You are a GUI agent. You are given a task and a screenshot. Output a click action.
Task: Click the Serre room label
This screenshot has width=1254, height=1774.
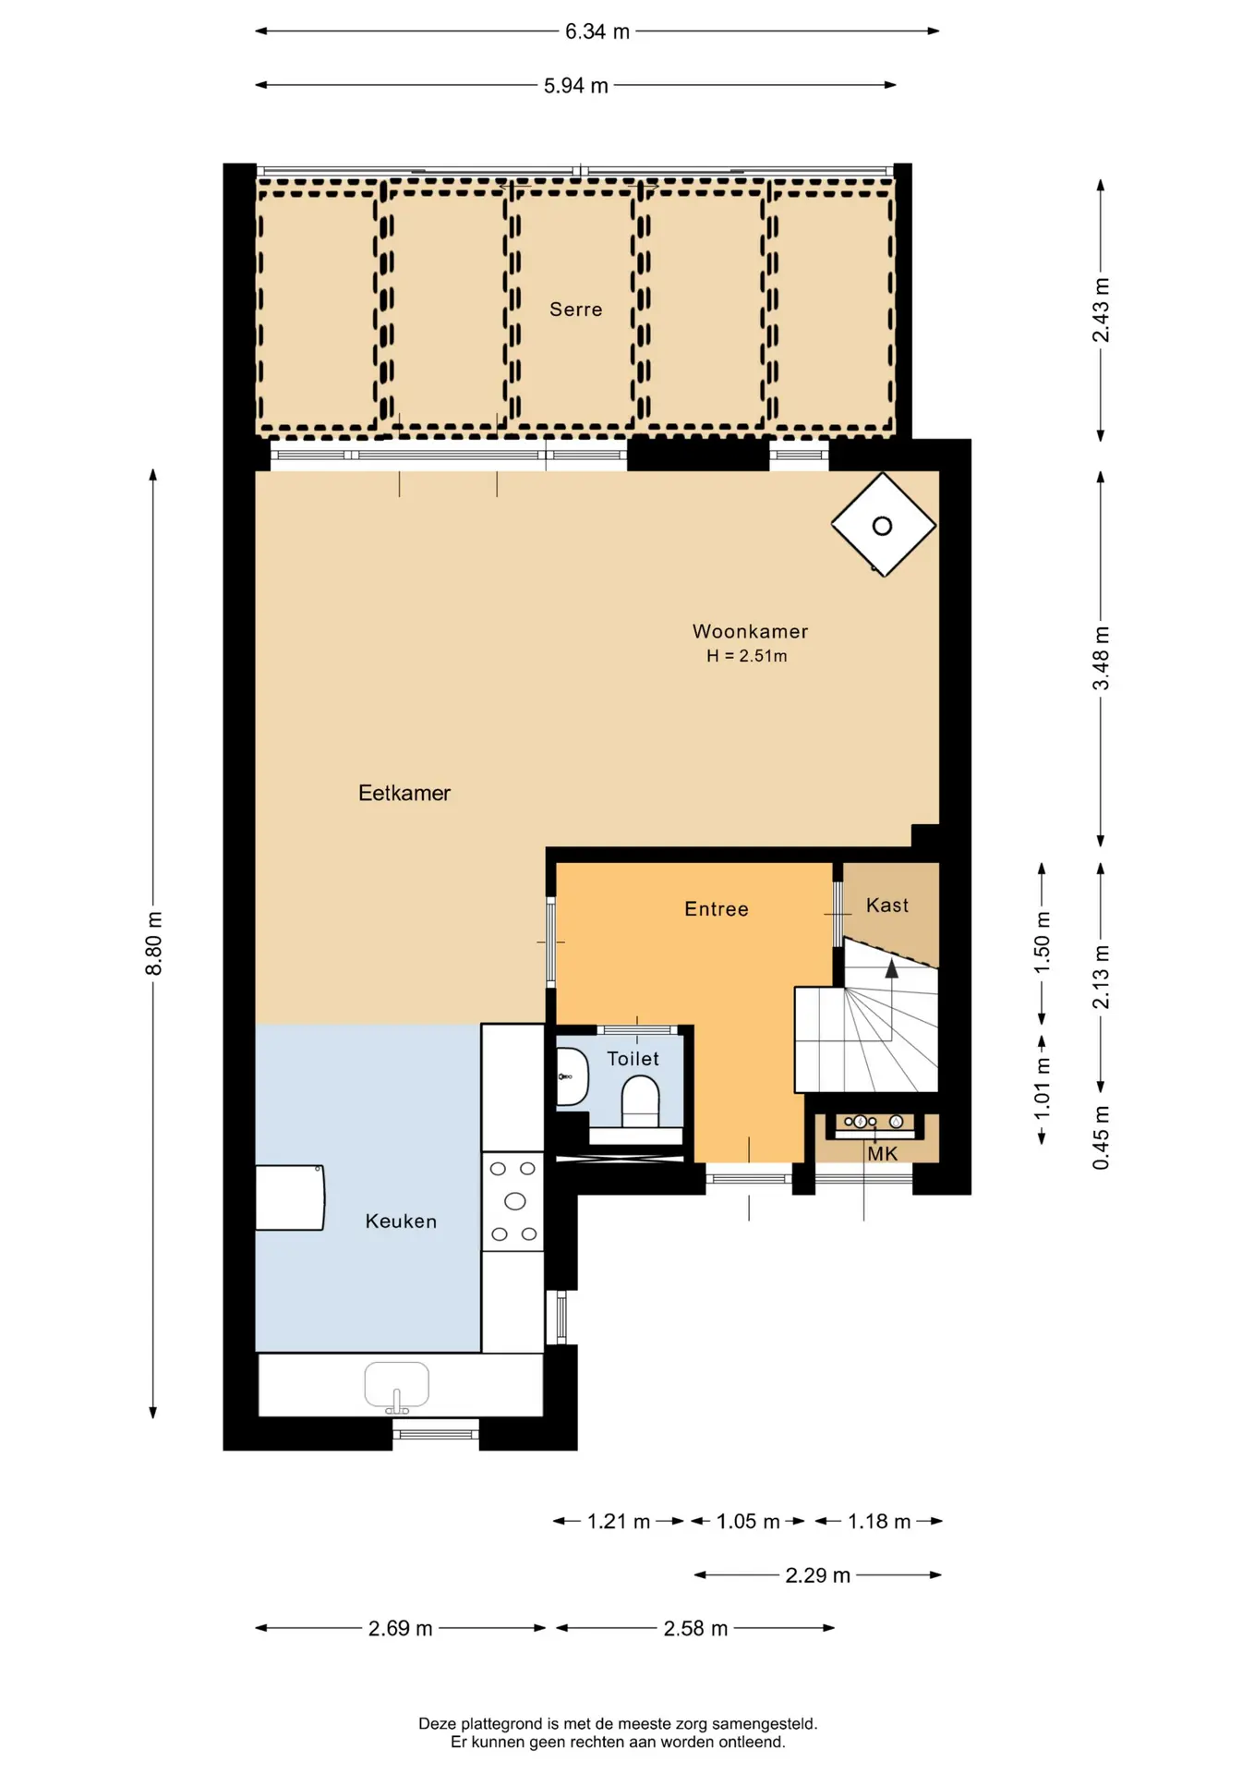575,310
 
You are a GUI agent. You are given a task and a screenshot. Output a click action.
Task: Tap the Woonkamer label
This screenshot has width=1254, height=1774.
750,631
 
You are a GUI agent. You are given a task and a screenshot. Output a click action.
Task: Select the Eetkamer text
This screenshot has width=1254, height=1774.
404,793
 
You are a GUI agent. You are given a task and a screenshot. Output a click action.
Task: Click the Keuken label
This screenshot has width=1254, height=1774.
401,1221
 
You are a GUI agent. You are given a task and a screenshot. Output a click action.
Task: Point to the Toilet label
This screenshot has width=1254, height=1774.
633,1059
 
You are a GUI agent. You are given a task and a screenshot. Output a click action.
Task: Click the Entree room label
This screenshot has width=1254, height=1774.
717,909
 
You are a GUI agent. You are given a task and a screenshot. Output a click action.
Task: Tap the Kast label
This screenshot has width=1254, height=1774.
887,905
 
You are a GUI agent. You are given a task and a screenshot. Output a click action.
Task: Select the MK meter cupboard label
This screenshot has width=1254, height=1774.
883,1154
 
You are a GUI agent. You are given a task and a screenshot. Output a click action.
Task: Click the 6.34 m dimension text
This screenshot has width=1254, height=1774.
597,31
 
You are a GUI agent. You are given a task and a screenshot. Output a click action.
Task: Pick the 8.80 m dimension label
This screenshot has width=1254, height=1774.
154,943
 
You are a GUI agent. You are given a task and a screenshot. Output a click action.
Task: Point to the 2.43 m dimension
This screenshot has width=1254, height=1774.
1101,310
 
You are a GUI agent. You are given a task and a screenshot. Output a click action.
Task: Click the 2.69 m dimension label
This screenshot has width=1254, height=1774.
401,1628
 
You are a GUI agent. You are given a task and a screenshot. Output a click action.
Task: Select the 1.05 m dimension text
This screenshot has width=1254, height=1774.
748,1522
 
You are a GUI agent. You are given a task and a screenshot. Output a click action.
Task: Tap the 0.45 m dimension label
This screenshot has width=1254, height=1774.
1101,1137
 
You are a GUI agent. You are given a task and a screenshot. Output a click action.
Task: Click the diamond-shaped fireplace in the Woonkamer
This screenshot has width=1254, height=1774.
884,525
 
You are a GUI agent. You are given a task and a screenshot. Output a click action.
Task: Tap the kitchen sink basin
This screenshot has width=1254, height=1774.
397,1385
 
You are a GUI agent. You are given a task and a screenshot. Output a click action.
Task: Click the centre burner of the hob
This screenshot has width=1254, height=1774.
515,1201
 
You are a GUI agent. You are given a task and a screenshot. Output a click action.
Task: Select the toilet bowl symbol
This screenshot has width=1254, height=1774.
641,1103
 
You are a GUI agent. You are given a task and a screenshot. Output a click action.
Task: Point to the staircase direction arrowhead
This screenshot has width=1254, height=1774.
892,968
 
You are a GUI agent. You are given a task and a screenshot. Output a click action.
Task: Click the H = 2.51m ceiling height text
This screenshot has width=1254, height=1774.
747,656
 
